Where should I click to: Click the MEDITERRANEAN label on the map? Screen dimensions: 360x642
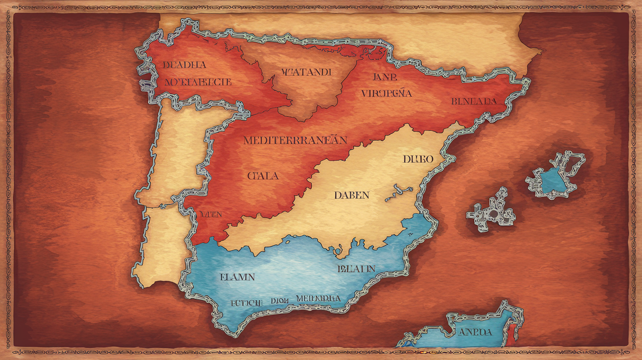click(x=295, y=140)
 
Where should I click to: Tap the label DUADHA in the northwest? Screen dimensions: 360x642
click(x=184, y=65)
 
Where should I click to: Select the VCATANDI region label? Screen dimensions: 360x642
click(x=306, y=72)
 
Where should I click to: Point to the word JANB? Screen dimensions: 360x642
click(x=385, y=77)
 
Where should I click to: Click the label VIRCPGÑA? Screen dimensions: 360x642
click(x=387, y=92)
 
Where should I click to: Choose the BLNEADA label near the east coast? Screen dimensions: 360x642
click(x=473, y=101)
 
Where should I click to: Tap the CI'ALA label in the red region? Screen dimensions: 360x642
click(x=263, y=176)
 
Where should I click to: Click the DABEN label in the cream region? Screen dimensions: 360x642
click(x=352, y=195)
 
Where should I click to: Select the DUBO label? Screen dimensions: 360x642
click(x=418, y=159)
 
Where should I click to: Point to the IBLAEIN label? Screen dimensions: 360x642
click(x=356, y=269)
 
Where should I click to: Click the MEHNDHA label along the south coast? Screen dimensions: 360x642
click(x=318, y=298)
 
